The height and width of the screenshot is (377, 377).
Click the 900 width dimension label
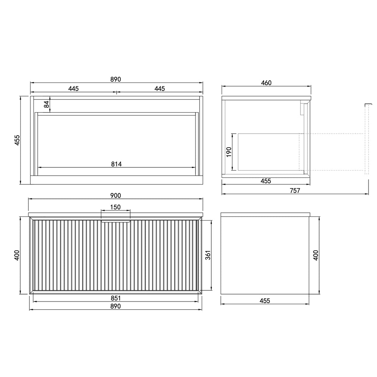point(115,195)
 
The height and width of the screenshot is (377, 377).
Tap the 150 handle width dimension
point(115,207)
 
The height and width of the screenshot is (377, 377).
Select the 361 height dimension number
point(208,255)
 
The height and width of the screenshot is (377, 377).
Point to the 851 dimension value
point(116,298)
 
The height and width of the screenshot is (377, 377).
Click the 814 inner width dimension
point(116,164)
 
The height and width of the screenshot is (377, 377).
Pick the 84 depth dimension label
point(46,104)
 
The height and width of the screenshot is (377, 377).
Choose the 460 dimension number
point(266,83)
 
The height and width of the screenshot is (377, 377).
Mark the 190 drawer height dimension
point(229,152)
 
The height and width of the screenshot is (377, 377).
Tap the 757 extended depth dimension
point(295,190)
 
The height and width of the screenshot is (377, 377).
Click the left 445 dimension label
point(73,88)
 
